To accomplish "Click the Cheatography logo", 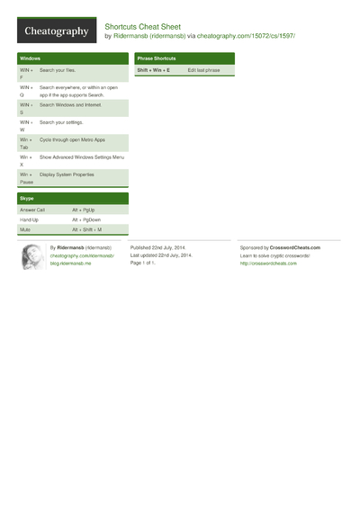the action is point(56,31).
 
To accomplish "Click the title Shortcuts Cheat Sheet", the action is point(142,26).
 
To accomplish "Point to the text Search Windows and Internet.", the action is point(71,104).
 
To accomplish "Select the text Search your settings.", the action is point(62,121).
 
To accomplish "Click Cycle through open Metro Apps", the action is point(72,139).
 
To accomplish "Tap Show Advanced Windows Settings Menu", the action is point(82,156).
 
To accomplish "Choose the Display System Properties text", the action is point(67,174).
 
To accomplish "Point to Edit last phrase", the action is point(203,69).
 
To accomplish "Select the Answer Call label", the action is point(32,209).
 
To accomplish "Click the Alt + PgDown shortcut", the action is point(86,219).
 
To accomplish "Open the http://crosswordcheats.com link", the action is point(268,263).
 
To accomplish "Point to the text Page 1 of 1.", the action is point(144,263).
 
